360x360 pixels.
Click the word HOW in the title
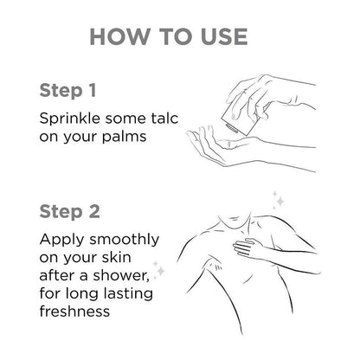point(119,36)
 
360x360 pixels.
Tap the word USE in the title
point(224,36)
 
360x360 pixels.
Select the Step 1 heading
point(67,91)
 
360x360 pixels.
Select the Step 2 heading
point(69,211)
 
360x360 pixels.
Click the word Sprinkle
point(69,119)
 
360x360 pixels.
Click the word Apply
point(62,240)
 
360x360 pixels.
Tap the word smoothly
point(124,240)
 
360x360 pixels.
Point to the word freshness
point(74,311)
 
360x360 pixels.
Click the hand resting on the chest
point(247,248)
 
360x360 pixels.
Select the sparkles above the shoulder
point(279,200)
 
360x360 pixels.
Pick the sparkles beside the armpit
point(159,270)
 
